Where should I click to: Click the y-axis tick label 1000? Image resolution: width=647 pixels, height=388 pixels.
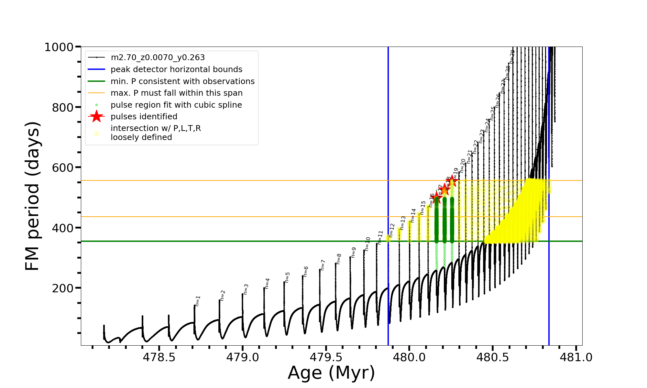tap(59, 47)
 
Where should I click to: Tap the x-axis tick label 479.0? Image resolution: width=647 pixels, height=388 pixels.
tap(242, 357)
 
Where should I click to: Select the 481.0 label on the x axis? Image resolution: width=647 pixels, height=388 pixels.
tap(576, 357)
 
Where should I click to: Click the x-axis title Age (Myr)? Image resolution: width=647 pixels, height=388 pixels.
tap(331, 373)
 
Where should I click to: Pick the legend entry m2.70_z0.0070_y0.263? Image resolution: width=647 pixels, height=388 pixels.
tap(158, 58)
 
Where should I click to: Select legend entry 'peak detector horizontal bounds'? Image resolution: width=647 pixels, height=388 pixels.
tap(176, 70)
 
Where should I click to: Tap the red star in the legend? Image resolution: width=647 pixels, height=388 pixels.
tap(96, 117)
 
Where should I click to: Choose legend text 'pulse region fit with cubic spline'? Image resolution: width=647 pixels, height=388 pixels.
tap(176, 105)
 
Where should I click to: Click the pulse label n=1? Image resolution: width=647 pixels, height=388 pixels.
tap(198, 301)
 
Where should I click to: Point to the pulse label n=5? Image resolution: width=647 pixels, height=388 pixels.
tap(287, 277)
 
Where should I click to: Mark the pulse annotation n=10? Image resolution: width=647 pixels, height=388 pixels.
tap(367, 244)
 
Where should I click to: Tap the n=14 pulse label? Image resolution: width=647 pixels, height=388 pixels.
tap(413, 215)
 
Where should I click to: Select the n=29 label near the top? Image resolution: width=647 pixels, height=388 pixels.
tap(512, 57)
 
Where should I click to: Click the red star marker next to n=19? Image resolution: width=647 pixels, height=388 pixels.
tap(452, 182)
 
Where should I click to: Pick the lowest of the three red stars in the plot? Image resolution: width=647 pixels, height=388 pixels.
tap(436, 197)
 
